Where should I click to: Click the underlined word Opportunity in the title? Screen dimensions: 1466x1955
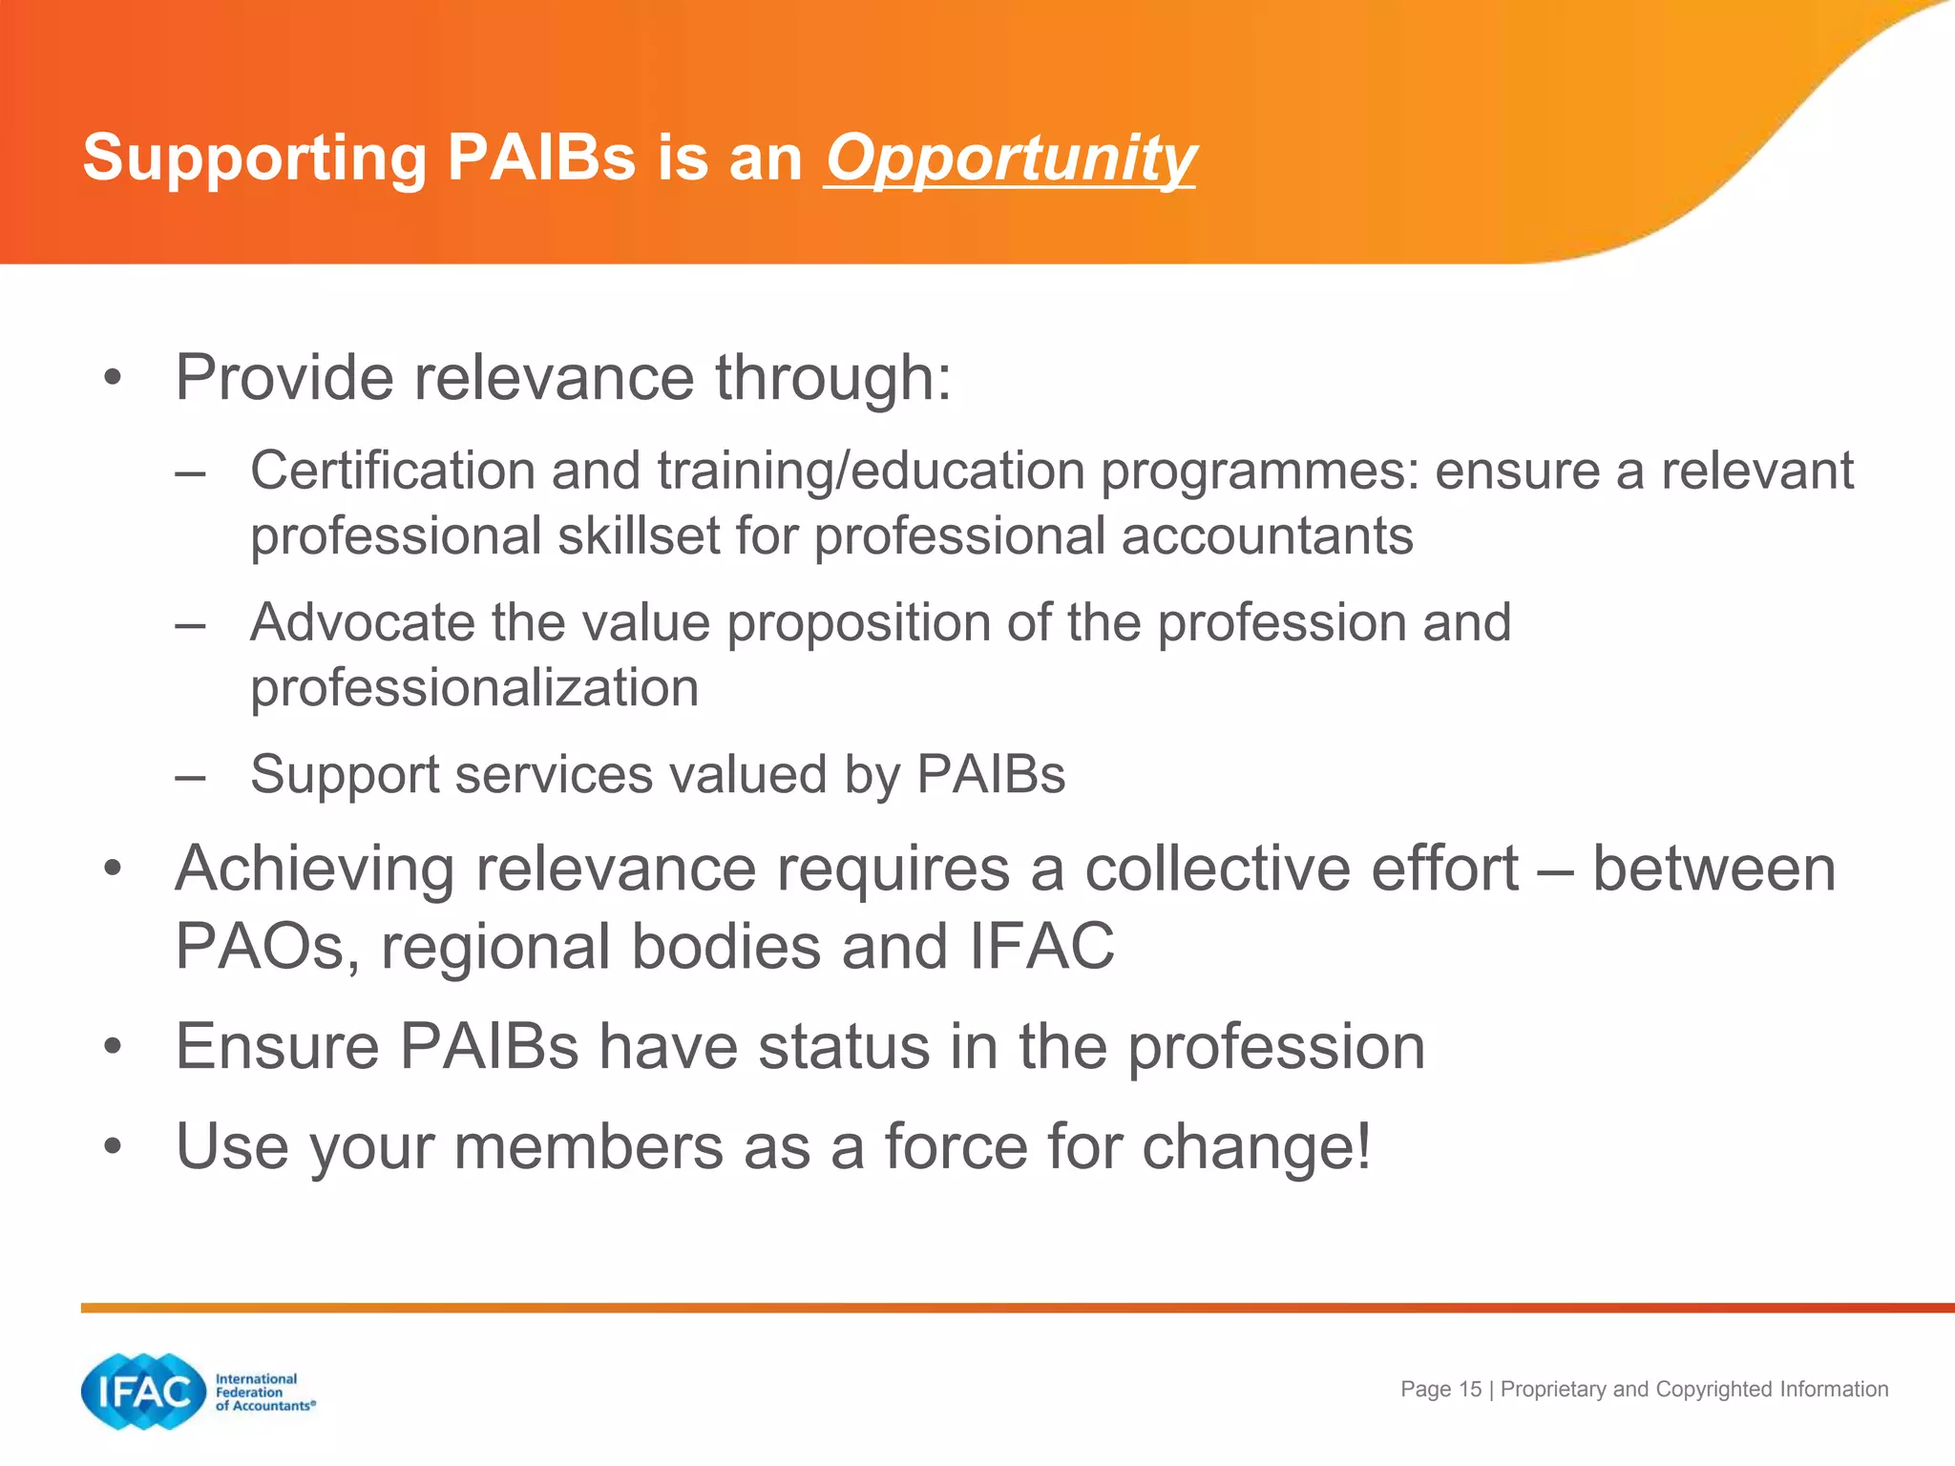tap(1010, 157)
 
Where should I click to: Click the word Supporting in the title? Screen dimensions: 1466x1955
tap(254, 157)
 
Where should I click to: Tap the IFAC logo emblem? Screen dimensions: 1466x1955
tap(143, 1392)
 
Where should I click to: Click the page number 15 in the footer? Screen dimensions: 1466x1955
tap(1470, 1390)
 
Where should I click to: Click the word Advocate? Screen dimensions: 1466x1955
tap(361, 622)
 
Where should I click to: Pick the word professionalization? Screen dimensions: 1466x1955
tap(474, 687)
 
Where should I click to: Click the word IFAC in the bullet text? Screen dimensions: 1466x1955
tap(1041, 946)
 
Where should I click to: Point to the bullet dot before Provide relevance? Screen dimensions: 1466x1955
tap(114, 378)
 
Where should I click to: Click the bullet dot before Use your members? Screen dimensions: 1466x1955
tap(114, 1146)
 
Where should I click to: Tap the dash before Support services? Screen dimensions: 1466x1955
tap(191, 775)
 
